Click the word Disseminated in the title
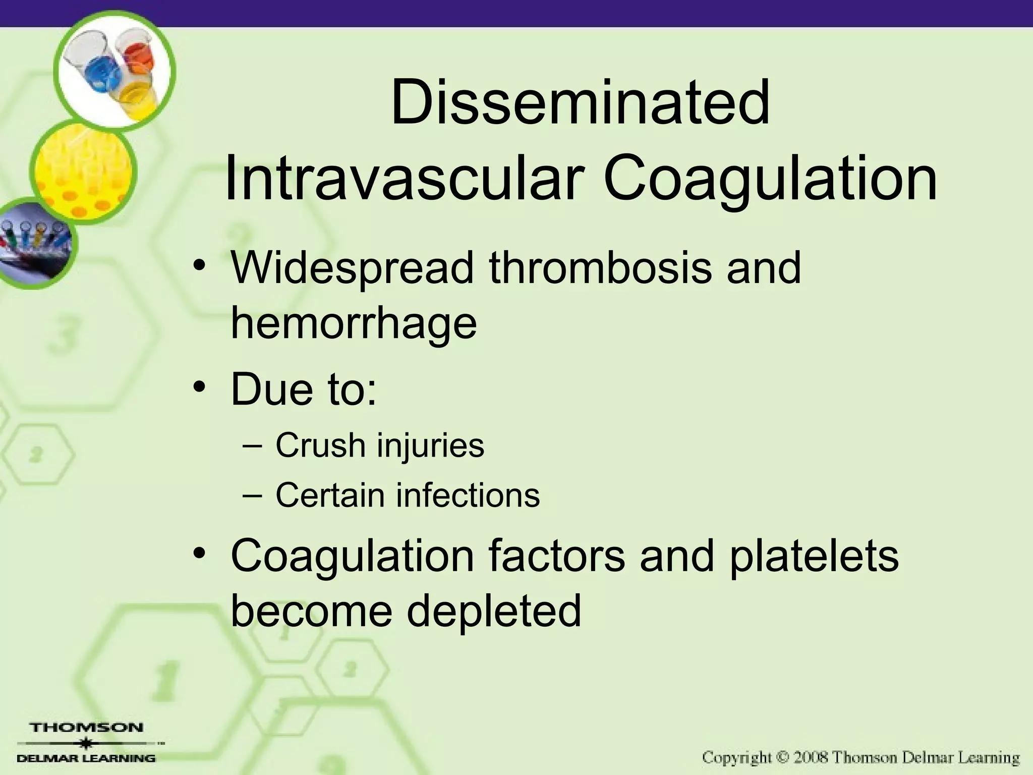point(580,103)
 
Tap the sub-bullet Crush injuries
point(379,446)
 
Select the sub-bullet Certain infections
point(408,495)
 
